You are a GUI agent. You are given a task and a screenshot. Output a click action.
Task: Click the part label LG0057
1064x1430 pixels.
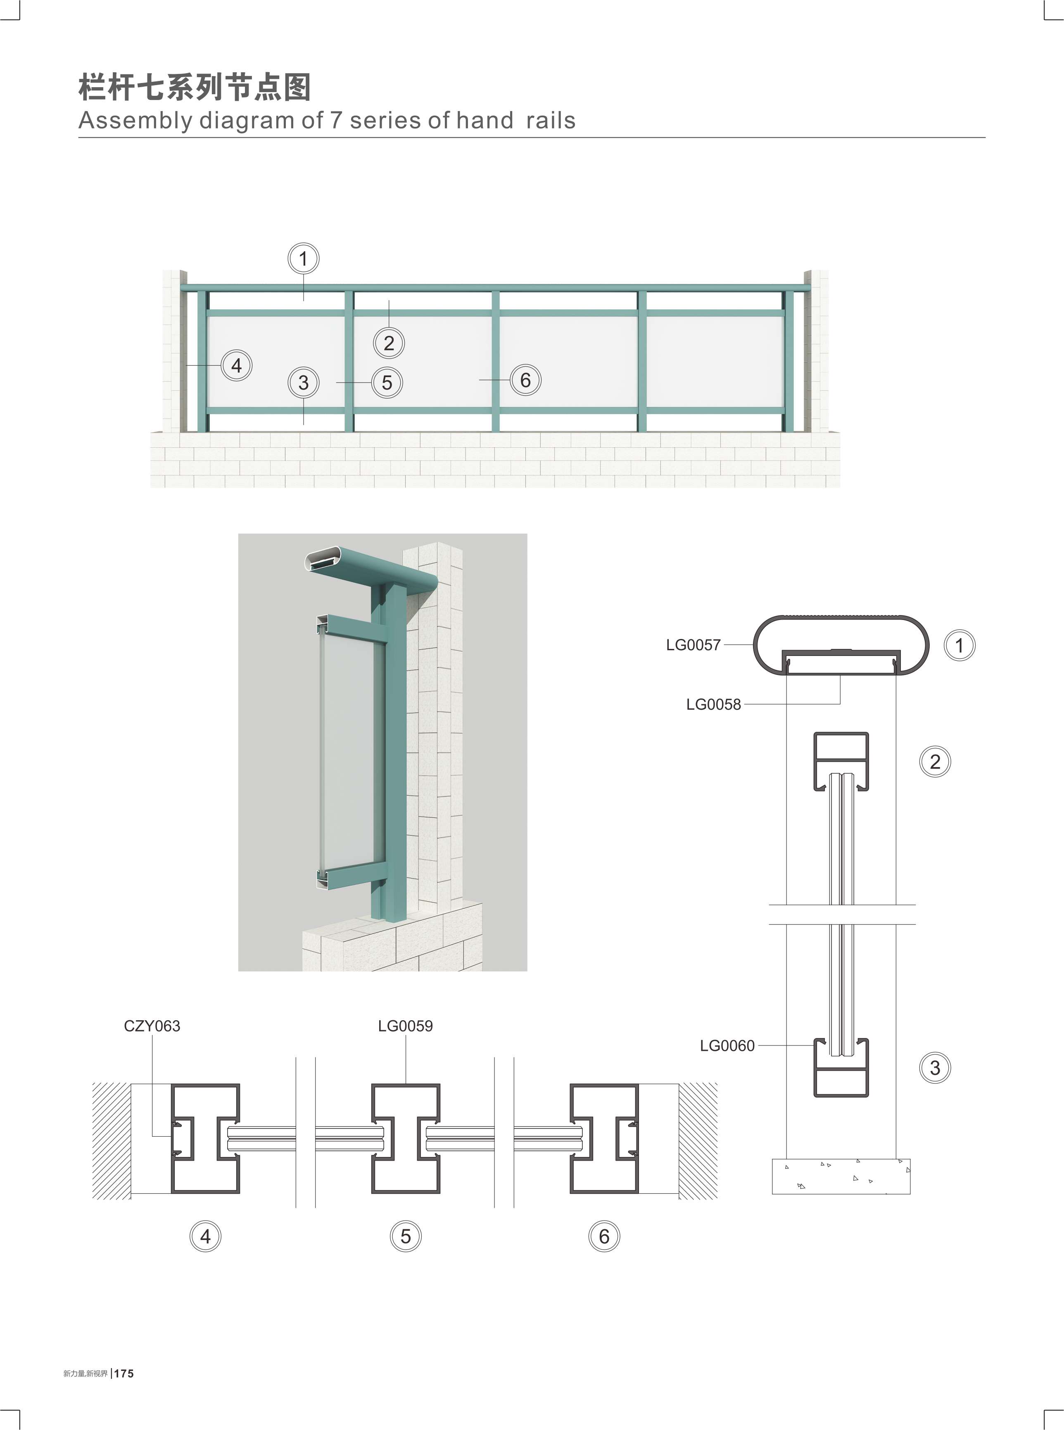coord(693,645)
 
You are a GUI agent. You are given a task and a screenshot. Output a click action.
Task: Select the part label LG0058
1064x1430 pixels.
coord(714,705)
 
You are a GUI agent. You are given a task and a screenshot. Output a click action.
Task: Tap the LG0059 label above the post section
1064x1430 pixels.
coord(405,1026)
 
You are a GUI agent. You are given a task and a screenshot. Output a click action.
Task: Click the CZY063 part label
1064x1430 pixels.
coord(152,1026)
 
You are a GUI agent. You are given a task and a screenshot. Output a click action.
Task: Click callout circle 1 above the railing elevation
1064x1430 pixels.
coord(303,259)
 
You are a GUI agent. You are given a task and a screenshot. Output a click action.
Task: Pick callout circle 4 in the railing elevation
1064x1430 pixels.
coord(236,365)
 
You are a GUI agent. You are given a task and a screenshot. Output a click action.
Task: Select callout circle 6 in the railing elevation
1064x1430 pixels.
coord(525,380)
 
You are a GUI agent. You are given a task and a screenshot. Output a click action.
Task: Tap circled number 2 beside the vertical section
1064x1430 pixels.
coord(935,762)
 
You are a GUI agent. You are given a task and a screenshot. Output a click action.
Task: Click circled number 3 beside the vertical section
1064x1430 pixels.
coord(935,1068)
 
